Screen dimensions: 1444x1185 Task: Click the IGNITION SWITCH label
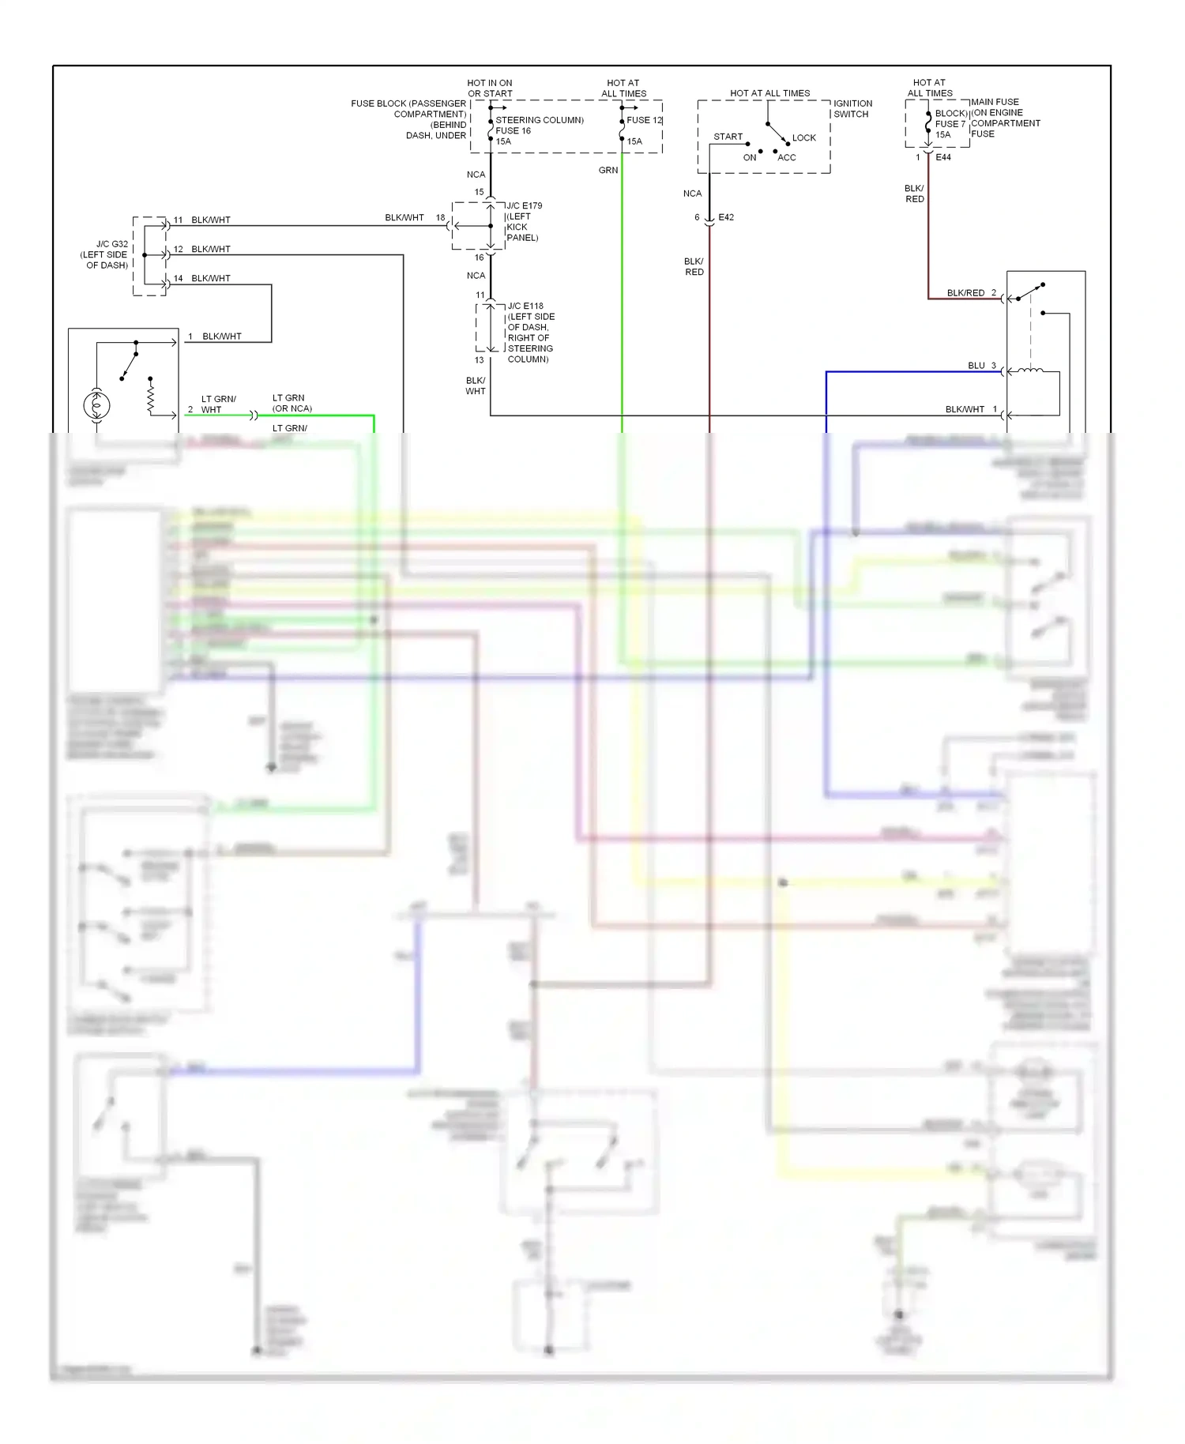(852, 109)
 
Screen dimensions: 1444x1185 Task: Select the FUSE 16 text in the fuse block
(513, 131)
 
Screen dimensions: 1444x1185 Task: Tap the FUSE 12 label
(644, 120)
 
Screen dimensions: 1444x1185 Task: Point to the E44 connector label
(943, 157)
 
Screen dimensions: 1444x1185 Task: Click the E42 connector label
(726, 217)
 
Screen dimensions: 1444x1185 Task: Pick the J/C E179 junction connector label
(524, 206)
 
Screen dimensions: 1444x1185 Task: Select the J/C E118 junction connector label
(525, 306)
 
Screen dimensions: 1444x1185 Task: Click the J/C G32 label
(111, 244)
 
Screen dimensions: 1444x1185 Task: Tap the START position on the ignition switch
(728, 137)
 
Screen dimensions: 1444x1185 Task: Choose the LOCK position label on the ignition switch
(803, 137)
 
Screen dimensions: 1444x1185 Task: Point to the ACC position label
(786, 157)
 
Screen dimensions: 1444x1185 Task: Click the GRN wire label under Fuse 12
(608, 171)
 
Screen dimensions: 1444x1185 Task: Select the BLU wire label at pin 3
(976, 366)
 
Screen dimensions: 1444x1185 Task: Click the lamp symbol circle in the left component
(96, 405)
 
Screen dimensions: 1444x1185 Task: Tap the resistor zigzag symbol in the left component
(150, 396)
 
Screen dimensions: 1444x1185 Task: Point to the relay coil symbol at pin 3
(1029, 370)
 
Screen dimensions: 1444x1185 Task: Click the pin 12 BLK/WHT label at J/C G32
(210, 250)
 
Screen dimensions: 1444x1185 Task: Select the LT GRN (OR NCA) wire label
(292, 403)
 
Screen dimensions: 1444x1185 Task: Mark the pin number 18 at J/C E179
(440, 218)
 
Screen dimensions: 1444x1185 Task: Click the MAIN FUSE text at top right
(995, 102)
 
